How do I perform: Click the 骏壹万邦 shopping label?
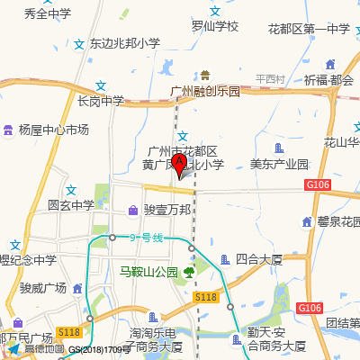click(x=167, y=210)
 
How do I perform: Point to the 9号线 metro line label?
click(x=146, y=238)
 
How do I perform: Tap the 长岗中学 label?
click(x=101, y=101)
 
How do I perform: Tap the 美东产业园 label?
click(x=279, y=165)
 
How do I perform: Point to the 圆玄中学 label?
click(x=71, y=205)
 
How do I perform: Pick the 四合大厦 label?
click(x=259, y=259)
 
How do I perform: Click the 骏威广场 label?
click(x=43, y=288)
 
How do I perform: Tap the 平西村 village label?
click(x=269, y=79)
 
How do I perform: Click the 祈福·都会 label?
click(x=328, y=79)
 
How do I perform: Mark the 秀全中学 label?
click(x=48, y=14)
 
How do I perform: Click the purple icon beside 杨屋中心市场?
click(x=9, y=130)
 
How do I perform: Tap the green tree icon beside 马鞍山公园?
click(x=190, y=271)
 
